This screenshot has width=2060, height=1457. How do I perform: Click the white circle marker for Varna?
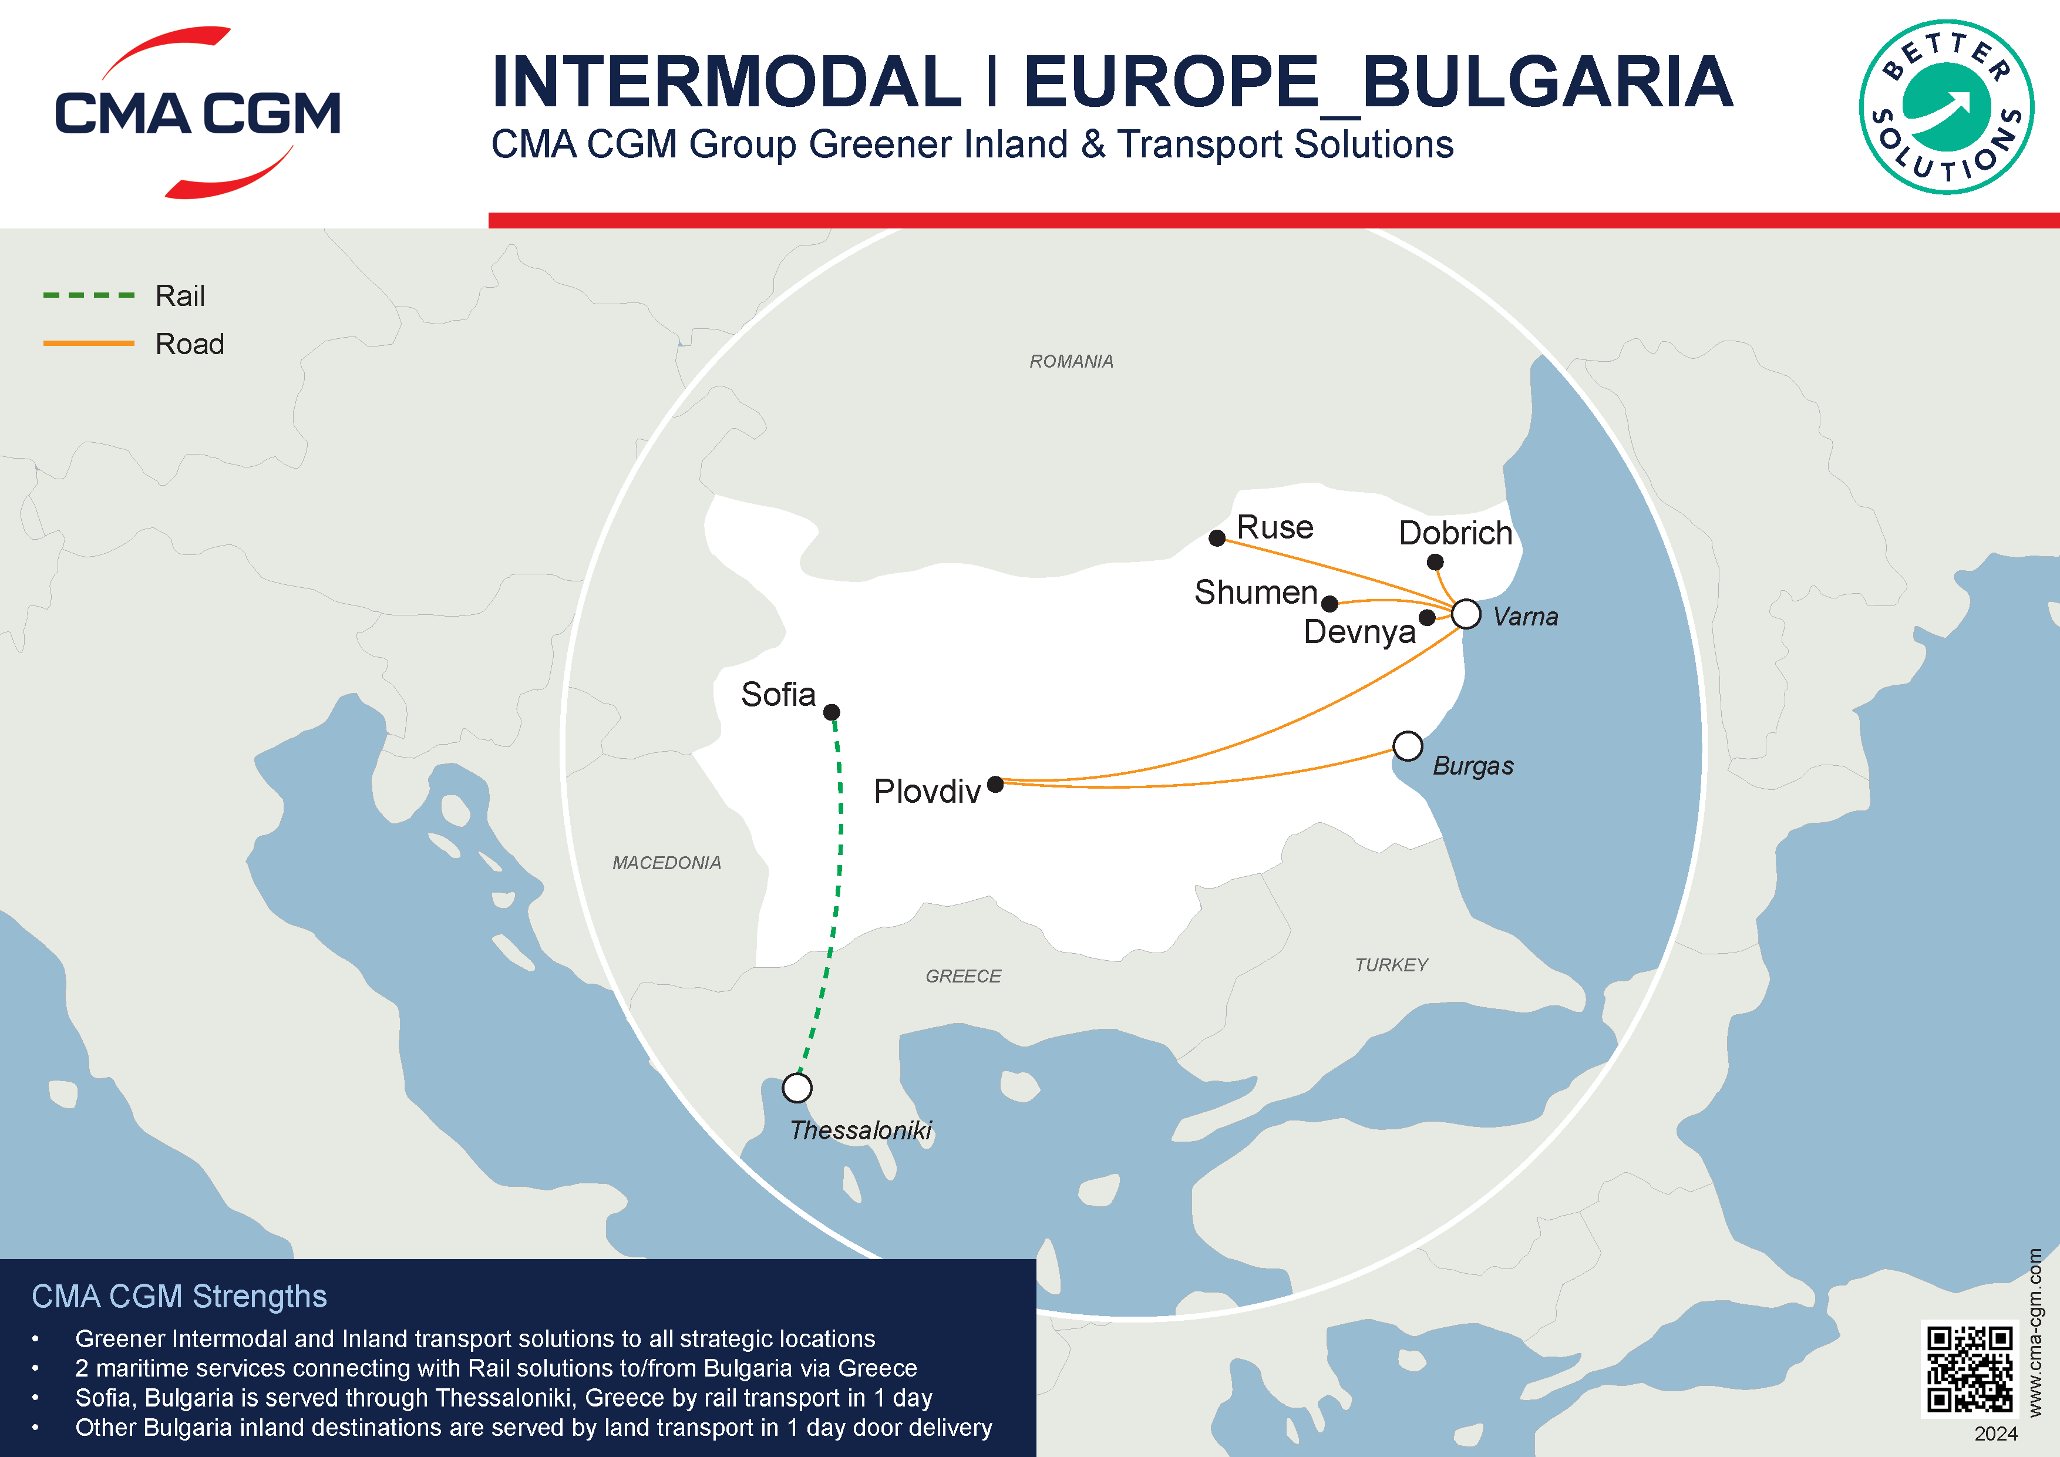[x=1466, y=614]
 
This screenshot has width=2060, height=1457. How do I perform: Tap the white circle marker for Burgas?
[x=1408, y=746]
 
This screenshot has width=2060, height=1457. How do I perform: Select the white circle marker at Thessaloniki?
[x=797, y=1088]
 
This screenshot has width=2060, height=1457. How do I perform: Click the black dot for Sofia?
[x=832, y=712]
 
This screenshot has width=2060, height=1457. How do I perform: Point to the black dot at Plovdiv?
[x=995, y=784]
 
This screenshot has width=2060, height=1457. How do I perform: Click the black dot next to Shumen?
[x=1329, y=604]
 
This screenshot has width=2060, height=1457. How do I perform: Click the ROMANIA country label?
[x=1071, y=362]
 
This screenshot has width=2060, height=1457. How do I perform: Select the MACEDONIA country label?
[x=667, y=863]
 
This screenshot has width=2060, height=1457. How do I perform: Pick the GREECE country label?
[x=962, y=976]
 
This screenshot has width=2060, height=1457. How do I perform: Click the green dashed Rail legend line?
[x=89, y=295]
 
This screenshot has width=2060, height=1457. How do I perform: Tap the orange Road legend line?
[x=89, y=344]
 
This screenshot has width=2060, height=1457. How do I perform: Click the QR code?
[x=1970, y=1369]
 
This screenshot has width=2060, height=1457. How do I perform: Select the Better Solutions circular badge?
[x=1946, y=107]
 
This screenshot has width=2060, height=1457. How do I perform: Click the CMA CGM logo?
[x=197, y=113]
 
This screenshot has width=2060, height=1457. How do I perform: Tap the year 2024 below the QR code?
[x=1995, y=1434]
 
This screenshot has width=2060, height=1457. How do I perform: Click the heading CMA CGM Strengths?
[x=180, y=1297]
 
